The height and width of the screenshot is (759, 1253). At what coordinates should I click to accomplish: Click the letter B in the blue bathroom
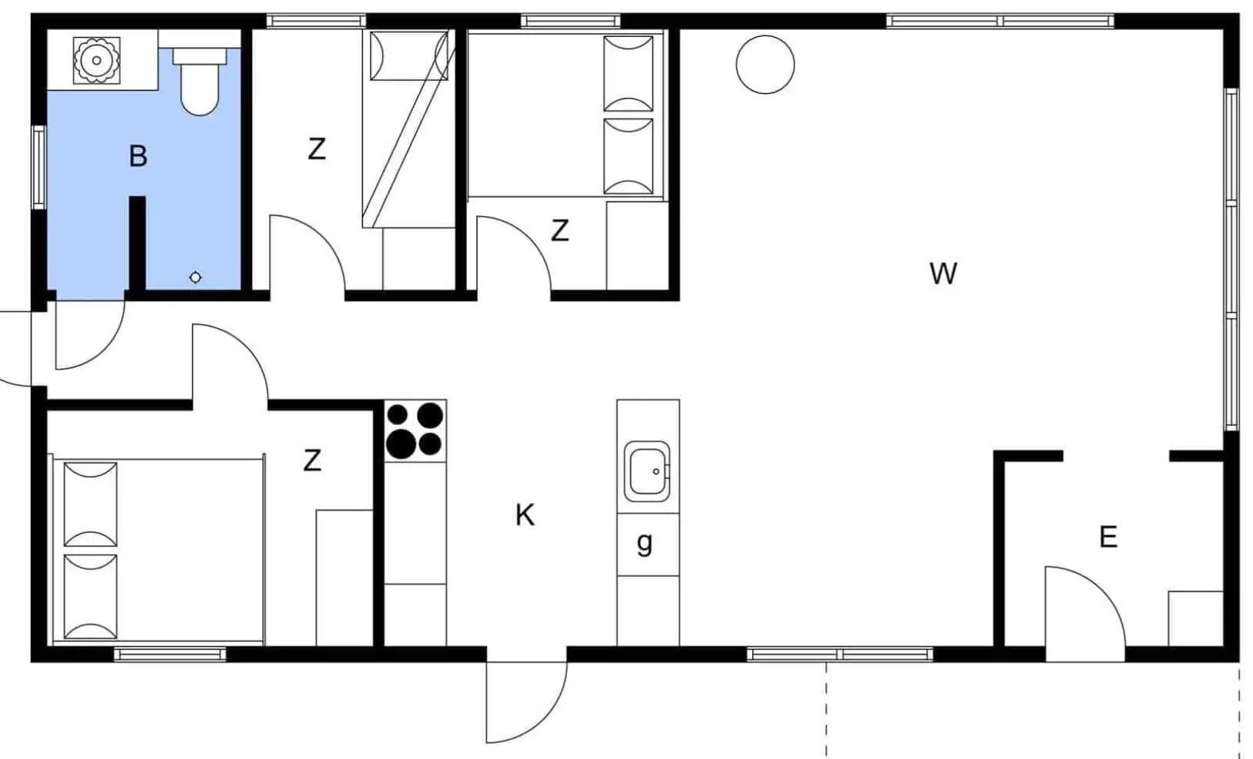[138, 156]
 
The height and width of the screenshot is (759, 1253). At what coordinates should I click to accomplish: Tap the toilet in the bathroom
[200, 82]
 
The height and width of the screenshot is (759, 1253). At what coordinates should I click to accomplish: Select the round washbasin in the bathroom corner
[97, 60]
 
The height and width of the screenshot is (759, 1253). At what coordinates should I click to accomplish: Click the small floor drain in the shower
[195, 277]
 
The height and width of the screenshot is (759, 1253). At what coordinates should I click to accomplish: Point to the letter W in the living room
[943, 274]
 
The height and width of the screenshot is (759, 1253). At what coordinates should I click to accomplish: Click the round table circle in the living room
[765, 64]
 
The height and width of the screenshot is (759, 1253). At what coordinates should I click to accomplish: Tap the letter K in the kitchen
[525, 515]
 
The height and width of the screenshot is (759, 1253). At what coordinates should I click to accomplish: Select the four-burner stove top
[415, 430]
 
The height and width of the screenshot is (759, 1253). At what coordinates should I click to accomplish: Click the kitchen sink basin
[647, 471]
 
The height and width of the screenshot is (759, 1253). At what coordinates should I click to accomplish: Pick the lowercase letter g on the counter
[644, 543]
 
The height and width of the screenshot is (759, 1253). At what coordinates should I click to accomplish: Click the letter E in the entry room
[1108, 537]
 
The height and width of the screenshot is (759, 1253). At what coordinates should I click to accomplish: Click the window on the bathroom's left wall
[39, 167]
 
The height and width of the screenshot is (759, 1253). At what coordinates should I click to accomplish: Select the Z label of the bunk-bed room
[317, 150]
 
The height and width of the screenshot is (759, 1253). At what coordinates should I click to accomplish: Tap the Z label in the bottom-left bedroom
[312, 460]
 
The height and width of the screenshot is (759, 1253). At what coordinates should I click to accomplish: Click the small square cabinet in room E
[1195, 619]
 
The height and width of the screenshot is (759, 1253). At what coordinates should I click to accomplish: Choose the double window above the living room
[1000, 22]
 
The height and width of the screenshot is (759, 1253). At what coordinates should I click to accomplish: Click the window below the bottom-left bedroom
[170, 654]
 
